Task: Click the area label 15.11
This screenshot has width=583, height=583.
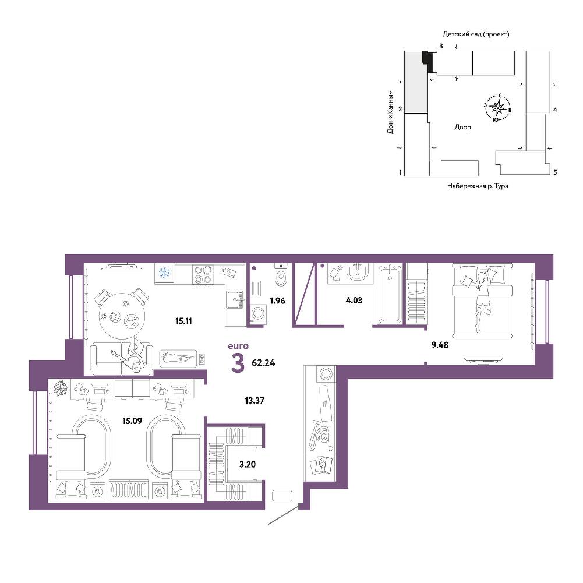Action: [x=183, y=321]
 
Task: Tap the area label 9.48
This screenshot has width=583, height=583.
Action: [x=440, y=345]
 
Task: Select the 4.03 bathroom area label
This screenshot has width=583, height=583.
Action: [x=354, y=301]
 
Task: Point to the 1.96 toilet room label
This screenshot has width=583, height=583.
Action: [x=277, y=301]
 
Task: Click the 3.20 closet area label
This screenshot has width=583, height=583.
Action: [x=248, y=464]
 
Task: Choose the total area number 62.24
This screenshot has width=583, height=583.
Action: [x=263, y=363]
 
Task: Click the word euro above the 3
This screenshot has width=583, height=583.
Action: [x=238, y=346]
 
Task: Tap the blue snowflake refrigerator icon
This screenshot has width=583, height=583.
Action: [x=164, y=273]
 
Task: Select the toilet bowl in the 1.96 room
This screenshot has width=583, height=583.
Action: [x=281, y=275]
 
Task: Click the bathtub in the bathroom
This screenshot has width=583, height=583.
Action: [x=390, y=294]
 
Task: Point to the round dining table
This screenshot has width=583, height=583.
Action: [x=122, y=316]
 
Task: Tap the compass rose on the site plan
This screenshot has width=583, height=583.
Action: [x=497, y=108]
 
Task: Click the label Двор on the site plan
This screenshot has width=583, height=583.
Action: [x=462, y=127]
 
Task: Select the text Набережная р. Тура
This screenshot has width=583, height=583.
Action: [x=478, y=186]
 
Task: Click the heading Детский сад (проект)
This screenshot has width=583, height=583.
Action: [x=476, y=34]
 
